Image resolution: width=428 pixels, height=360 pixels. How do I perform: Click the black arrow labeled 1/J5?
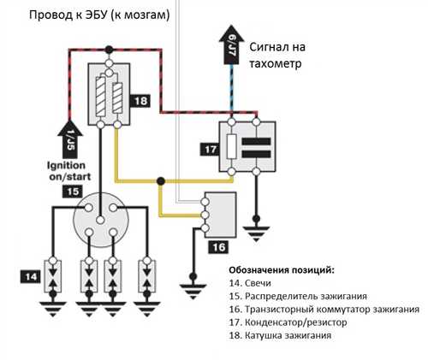pos(70,139)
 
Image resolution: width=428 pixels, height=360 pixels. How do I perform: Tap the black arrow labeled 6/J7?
pos(231,44)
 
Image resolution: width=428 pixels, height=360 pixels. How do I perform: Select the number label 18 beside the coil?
pos(140,101)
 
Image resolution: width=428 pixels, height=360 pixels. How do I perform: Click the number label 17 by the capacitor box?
pos(211,150)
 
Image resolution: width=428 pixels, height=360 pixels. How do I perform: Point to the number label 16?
pos(218,247)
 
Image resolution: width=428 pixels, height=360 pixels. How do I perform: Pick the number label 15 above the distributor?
pos(73,192)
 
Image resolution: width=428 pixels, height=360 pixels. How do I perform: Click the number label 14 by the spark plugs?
pos(31,277)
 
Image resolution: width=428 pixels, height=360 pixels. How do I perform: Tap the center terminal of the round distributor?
pos(100,220)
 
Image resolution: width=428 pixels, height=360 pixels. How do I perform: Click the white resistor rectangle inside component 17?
pos(231,146)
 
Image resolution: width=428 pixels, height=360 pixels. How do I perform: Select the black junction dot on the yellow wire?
pos(161,180)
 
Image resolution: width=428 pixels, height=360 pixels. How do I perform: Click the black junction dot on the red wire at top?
pos(109,50)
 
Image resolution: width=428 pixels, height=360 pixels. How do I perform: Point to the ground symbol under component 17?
pos(256,233)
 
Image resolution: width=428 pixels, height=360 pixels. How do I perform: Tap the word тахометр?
pos(276,63)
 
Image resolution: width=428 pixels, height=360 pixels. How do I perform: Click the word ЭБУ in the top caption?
pos(97,15)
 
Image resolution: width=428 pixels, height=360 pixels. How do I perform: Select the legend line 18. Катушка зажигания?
pos(280,335)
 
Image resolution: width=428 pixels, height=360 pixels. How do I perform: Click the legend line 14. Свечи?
pos(250,283)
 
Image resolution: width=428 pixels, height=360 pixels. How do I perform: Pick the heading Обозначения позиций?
pos(282,270)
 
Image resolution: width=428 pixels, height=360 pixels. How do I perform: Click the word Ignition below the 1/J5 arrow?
pos(66,166)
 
